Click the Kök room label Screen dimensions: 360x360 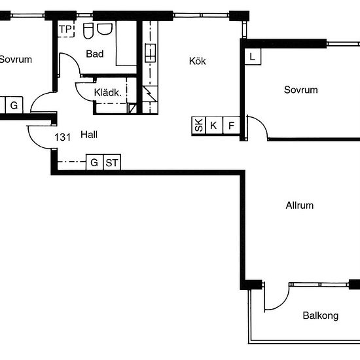[197, 61]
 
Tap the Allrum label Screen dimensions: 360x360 [299, 206]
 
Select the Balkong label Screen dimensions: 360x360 [321, 315]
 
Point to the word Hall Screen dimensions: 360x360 [89, 135]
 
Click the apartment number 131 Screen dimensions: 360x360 [62, 137]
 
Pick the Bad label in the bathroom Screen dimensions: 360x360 [95, 54]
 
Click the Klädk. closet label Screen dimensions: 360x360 [107, 92]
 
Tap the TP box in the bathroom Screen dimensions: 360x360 [65, 29]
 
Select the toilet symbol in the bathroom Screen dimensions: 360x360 [88, 31]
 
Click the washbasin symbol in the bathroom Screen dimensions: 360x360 [105, 29]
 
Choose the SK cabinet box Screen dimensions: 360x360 [199, 126]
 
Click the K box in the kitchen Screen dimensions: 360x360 [214, 126]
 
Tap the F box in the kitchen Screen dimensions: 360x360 [231, 126]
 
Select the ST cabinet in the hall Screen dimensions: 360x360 [112, 162]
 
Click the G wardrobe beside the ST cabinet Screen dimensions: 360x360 [95, 162]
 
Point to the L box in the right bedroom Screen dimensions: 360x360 [253, 56]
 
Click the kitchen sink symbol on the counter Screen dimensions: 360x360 [150, 53]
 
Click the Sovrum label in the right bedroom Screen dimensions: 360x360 [301, 90]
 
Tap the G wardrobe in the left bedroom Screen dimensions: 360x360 [14, 105]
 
